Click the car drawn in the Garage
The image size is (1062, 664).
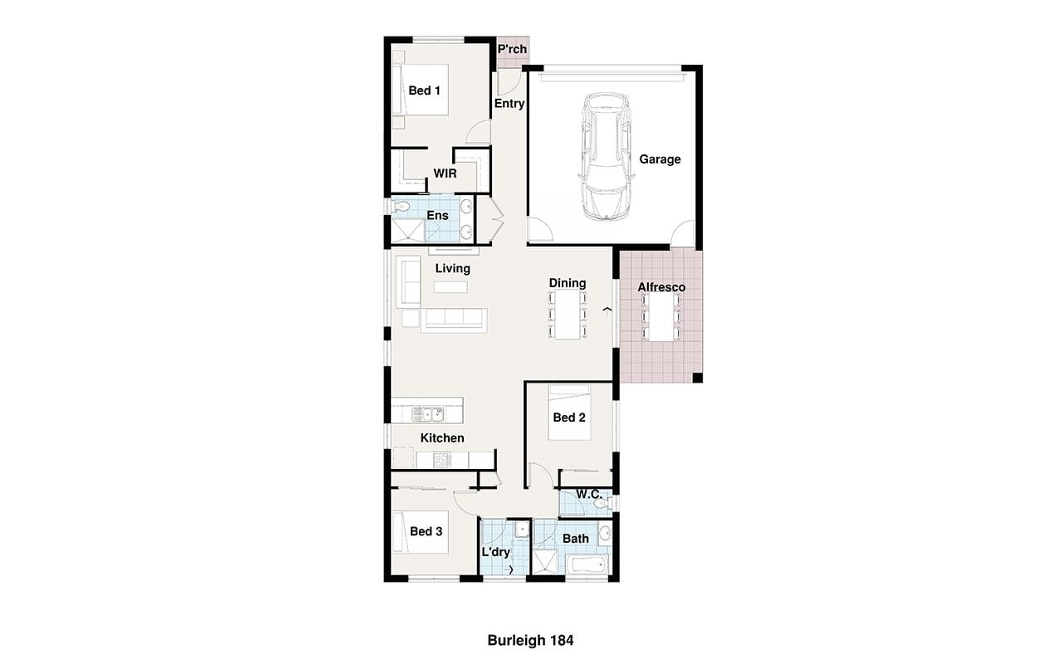(607, 157)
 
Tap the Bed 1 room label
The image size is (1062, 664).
(424, 90)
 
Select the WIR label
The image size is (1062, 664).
(446, 173)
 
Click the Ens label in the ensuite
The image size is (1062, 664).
(437, 215)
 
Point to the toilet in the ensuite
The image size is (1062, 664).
(401, 207)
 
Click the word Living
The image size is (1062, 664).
(453, 268)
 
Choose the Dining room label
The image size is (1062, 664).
(568, 283)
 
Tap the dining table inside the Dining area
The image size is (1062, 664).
(568, 315)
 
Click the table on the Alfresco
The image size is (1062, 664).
(661, 317)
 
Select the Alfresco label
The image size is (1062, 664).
(661, 287)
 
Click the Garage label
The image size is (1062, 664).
(660, 159)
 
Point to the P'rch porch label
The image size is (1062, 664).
(512, 49)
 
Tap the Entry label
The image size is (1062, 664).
(509, 104)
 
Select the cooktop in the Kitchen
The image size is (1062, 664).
(442, 460)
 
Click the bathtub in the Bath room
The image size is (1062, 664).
(587, 566)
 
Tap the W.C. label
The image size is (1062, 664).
(589, 494)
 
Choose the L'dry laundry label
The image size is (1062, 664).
(496, 552)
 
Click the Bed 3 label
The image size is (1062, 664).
(426, 532)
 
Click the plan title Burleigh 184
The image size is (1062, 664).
(530, 640)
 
